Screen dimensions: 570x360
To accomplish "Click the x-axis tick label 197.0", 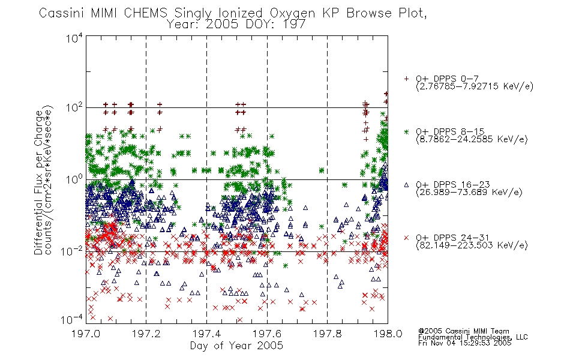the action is (x=86, y=334).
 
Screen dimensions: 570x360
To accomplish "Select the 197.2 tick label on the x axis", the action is (x=146, y=334).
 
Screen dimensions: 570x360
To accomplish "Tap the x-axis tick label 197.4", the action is (x=206, y=334).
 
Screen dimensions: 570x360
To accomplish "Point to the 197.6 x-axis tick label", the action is (x=267, y=334).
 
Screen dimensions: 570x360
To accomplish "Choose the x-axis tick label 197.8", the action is (x=327, y=334).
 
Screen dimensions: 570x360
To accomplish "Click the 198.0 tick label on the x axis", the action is (x=388, y=334).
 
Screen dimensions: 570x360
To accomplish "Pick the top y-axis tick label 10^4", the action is (x=74, y=38).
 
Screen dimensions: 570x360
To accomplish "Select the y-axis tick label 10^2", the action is (x=74, y=107).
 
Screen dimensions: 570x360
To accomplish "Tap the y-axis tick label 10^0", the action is (x=74, y=179).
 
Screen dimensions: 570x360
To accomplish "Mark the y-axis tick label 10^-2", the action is (x=72, y=251).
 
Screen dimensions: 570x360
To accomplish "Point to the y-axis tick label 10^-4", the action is (x=72, y=320).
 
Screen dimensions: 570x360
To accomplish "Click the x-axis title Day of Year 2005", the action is (x=236, y=346).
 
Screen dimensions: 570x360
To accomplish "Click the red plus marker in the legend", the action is (x=406, y=79).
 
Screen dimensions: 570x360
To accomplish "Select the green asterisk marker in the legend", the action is (x=406, y=131).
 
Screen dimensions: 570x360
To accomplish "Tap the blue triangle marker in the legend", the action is (x=406, y=185).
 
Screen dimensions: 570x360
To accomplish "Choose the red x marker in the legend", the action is (x=406, y=238).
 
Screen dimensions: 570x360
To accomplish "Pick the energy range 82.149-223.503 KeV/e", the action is (x=472, y=245).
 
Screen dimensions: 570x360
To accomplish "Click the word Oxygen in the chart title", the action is (x=292, y=13).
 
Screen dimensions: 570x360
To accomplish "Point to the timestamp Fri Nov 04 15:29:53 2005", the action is (x=464, y=343).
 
